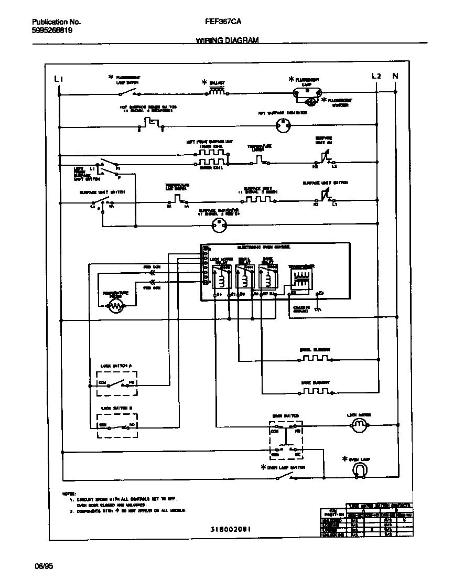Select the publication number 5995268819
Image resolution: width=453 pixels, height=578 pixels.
point(52,30)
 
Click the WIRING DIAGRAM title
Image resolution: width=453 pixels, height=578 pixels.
point(227,40)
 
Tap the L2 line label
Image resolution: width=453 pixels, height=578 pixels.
point(376,76)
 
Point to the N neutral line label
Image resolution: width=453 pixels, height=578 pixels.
point(395,76)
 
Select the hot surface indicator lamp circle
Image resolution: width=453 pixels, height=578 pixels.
point(283,125)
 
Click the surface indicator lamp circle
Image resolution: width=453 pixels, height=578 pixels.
point(218,226)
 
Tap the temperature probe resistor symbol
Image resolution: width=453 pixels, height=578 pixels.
point(115,307)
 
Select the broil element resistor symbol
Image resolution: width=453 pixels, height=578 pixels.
point(315,358)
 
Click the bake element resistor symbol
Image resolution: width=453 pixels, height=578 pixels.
point(315,391)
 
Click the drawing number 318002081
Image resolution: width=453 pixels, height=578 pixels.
point(229,529)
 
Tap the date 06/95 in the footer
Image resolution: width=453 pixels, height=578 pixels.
point(44,566)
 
